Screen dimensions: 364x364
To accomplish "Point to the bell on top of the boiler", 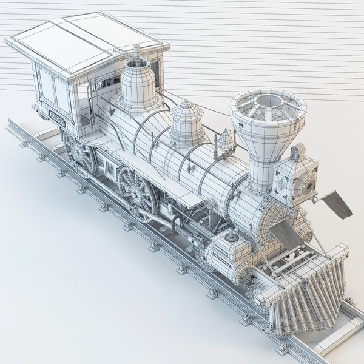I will pyautogui.click(x=226, y=141).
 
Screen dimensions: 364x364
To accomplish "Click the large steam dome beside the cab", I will pyautogui.click(x=140, y=85).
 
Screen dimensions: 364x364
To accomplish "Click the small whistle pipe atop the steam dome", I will pyautogui.click(x=137, y=51).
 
